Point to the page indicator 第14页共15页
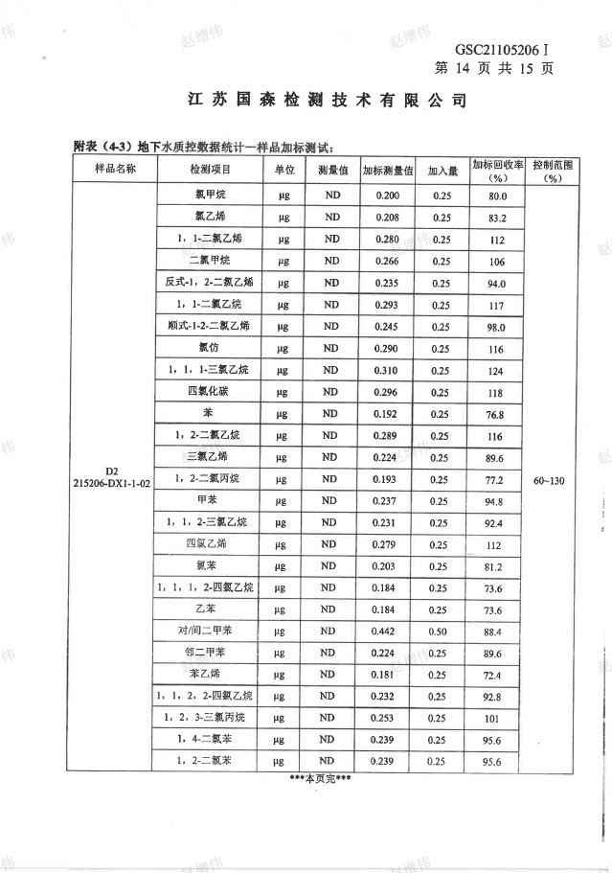tap(493, 68)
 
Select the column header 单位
tap(283, 170)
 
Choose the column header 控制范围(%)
tap(552, 171)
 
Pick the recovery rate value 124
tap(496, 370)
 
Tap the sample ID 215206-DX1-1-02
tap(112, 485)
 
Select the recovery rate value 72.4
tap(496, 676)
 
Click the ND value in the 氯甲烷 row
tap(331, 195)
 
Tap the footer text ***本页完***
tap(320, 778)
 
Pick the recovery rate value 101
tap(496, 719)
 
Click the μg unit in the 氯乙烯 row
tap(283, 218)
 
